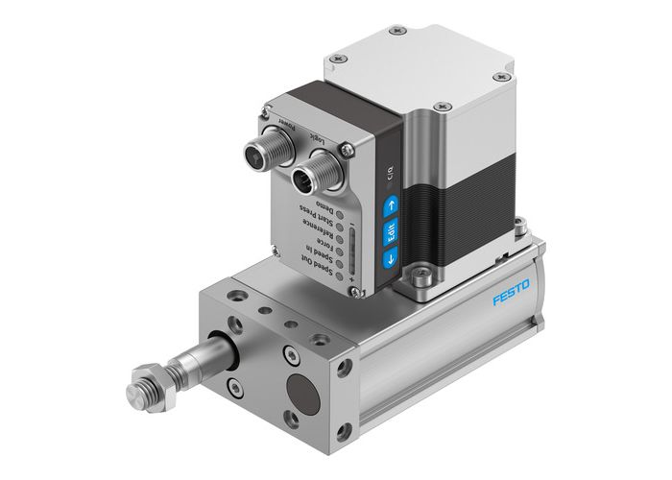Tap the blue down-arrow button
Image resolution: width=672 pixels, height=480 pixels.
(x=390, y=257)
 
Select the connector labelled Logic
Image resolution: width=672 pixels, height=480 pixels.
(x=309, y=175)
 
